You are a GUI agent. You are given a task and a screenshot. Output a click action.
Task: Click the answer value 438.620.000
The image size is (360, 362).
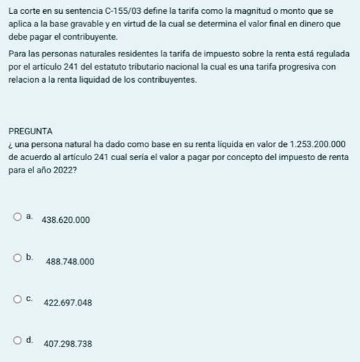(x=66, y=220)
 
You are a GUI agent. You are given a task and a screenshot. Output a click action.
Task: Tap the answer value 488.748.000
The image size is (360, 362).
(x=70, y=262)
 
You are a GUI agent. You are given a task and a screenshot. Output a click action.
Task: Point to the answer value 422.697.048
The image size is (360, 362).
(x=68, y=303)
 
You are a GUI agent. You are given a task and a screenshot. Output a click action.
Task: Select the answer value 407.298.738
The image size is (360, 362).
(x=68, y=344)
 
